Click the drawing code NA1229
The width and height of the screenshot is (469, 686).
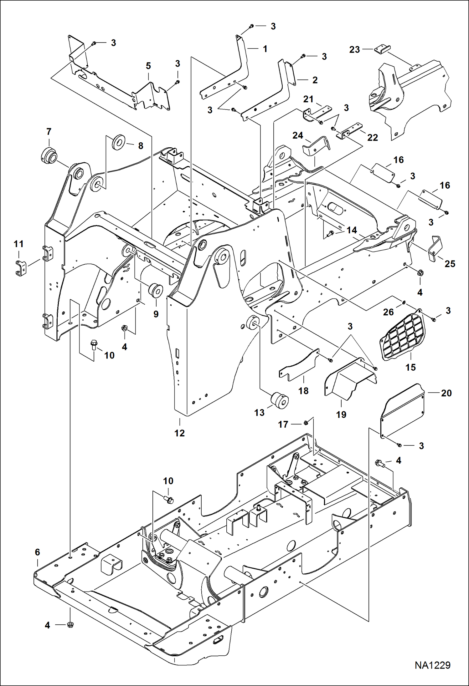coord(432,665)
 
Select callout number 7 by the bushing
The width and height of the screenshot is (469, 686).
coord(49,132)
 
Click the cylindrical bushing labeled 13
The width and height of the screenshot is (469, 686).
coord(279,401)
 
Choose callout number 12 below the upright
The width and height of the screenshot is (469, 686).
coord(179,433)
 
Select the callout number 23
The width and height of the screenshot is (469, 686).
coord(354,50)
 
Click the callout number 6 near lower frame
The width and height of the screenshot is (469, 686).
coord(37,552)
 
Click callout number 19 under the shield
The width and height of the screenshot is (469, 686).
coord(341,414)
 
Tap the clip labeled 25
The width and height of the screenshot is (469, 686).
coord(436,249)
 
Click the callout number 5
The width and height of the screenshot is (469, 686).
coord(148,66)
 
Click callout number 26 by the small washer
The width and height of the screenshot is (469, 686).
coord(388,312)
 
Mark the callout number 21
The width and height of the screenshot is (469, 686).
coord(308,99)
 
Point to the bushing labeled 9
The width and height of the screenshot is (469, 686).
coord(155,291)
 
